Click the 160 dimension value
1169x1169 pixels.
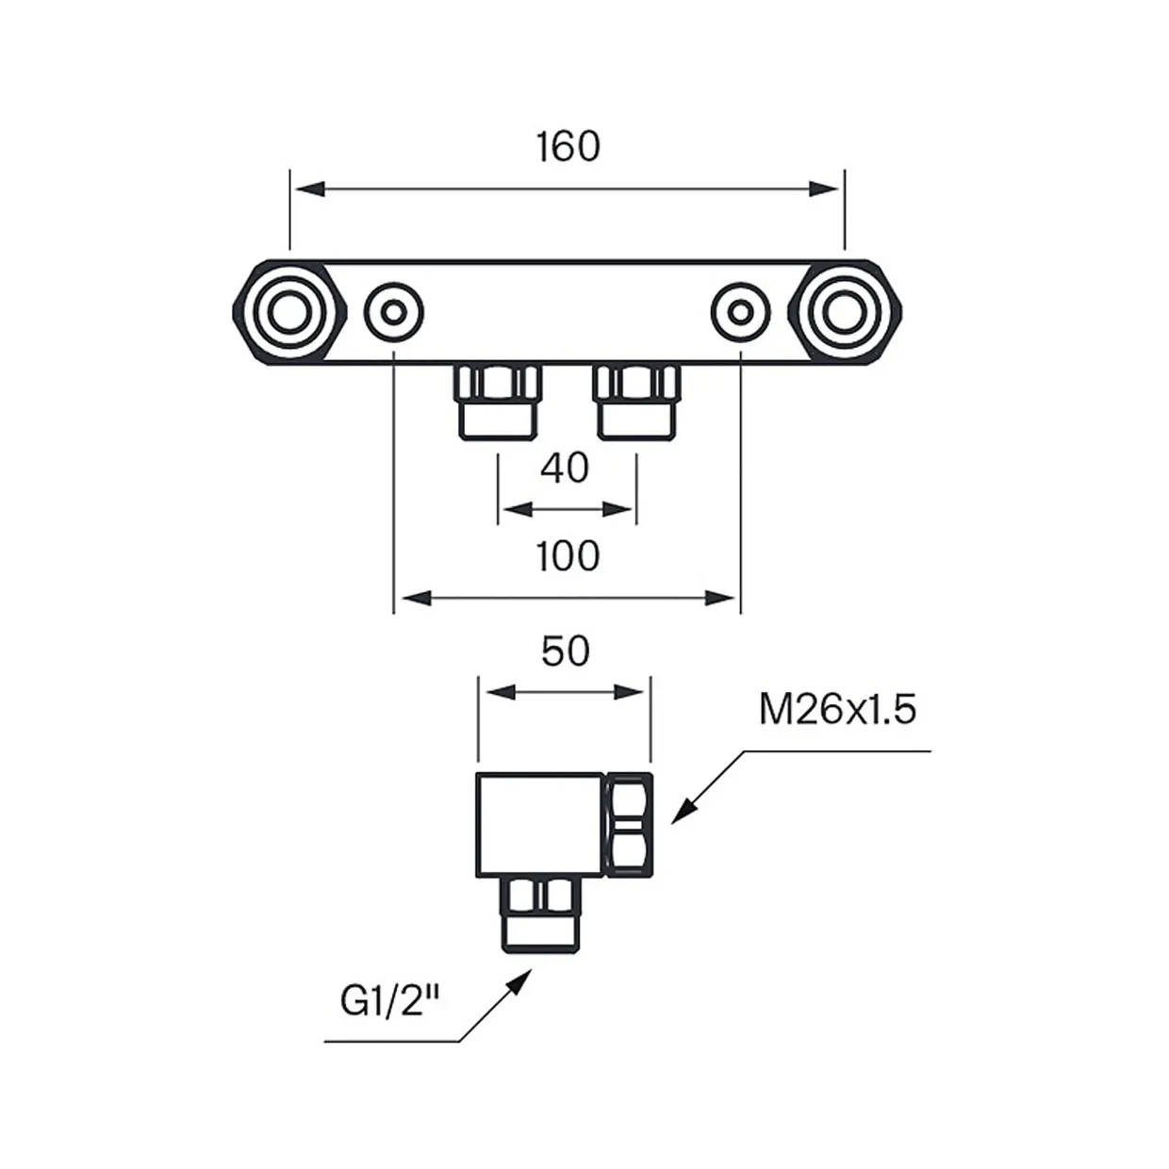tap(568, 146)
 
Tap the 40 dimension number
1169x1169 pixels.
tap(565, 468)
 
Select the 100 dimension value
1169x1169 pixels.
tap(568, 556)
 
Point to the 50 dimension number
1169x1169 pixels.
tap(566, 651)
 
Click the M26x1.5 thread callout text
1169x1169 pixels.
tap(838, 709)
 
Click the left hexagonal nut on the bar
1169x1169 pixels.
tap(290, 313)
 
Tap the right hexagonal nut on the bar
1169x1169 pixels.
tap(845, 313)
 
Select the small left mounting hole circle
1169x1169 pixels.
tap(394, 313)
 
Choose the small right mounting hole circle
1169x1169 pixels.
tap(741, 313)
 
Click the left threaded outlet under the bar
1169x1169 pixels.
tap(498, 402)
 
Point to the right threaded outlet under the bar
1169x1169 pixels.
tap(637, 402)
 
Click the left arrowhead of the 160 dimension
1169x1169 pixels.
tap(310, 189)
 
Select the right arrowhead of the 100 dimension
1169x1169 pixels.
tap(720, 599)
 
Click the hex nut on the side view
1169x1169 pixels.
tap(629, 825)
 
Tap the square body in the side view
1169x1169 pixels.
tap(540, 825)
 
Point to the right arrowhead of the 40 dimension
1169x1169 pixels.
tap(617, 509)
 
